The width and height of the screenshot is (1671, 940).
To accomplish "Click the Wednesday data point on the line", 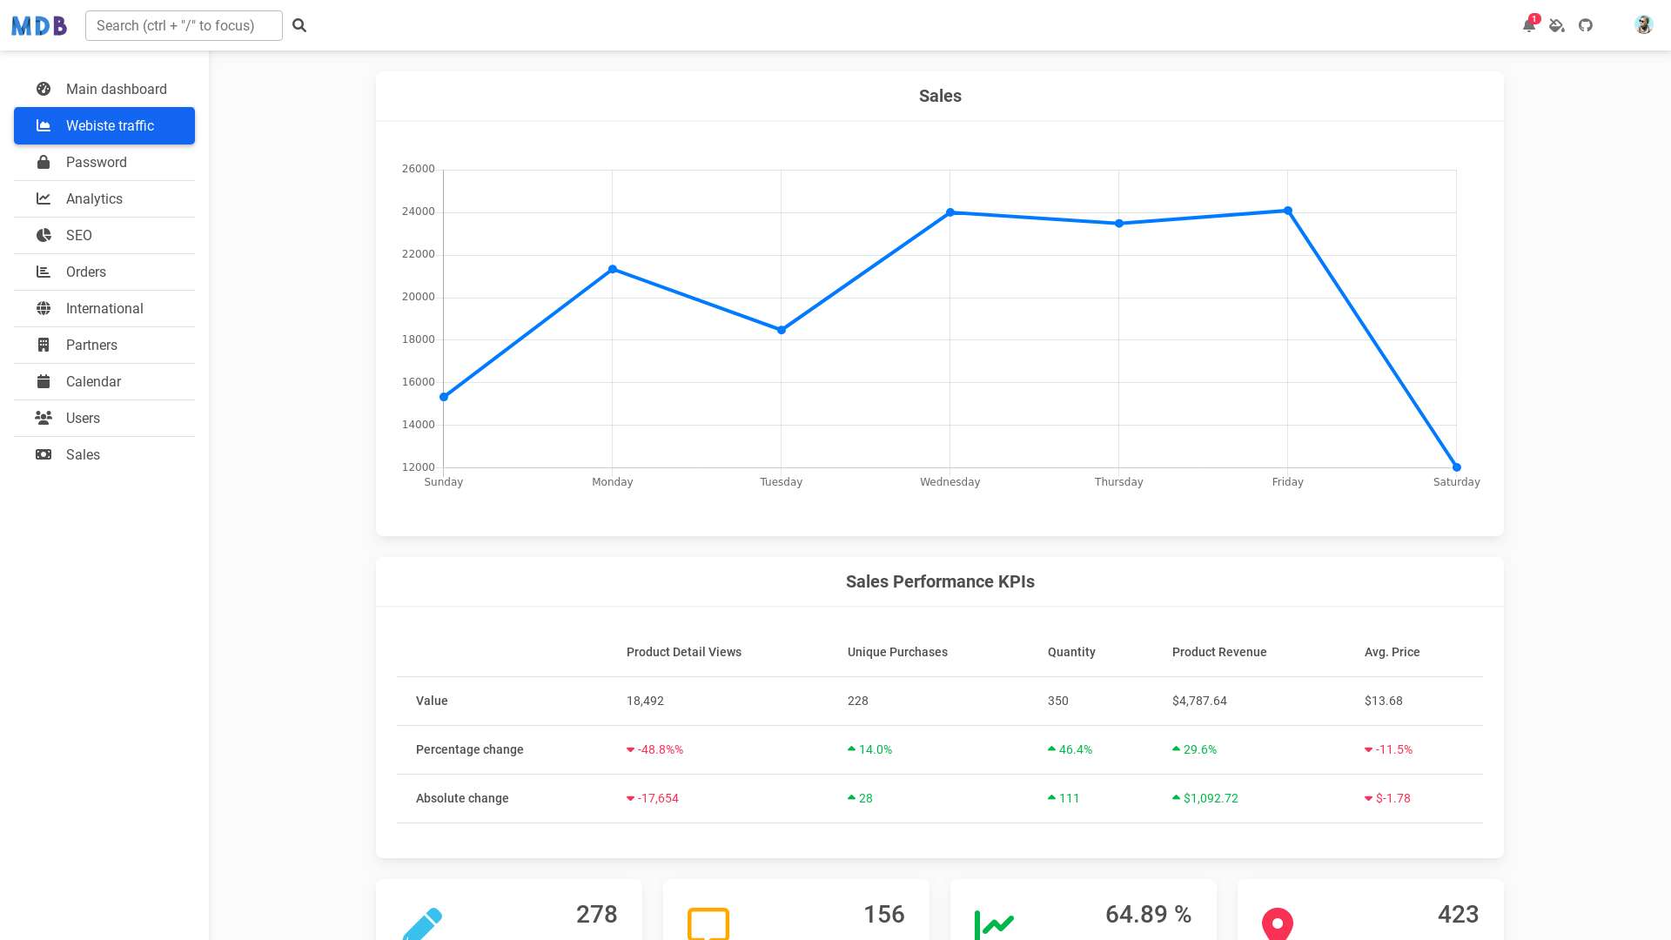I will pos(950,212).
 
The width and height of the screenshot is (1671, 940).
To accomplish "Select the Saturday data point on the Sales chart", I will pos(1457,467).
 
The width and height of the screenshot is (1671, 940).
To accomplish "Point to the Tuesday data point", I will pos(782,330).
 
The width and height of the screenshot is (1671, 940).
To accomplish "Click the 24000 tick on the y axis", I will pos(418,211).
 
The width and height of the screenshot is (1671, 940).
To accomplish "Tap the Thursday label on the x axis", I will pos(1118,482).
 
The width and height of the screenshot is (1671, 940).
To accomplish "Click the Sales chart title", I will pos(940,96).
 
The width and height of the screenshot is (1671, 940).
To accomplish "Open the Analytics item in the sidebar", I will pos(94,199).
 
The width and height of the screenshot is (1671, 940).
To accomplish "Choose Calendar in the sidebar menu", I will pos(93,382).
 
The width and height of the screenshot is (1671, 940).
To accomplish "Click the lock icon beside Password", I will pos(44,163).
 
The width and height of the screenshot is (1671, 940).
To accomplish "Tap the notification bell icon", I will pos(1528,25).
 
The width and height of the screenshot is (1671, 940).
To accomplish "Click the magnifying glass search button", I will pos(299,26).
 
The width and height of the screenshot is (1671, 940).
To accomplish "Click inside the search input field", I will pos(184,26).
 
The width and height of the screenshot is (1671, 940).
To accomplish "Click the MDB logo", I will pos(39,26).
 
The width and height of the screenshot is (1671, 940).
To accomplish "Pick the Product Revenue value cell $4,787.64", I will pos(1199,702).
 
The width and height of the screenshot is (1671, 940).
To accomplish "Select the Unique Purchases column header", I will pos(897,653).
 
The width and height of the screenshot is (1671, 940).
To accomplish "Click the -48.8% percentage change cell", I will pos(660,750).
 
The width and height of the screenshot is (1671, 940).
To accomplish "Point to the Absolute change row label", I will pos(462,799).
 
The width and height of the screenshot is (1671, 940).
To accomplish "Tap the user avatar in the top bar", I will pos(1643,25).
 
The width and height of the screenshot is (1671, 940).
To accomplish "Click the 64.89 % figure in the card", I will pos(1148,915).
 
